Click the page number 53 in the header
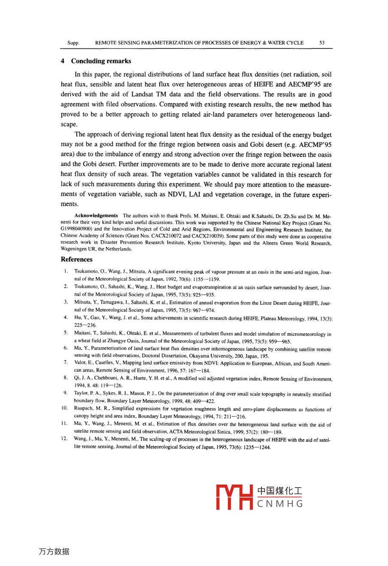click(x=322, y=43)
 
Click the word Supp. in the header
click(x=73, y=43)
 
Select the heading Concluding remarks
click(x=101, y=61)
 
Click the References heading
click(x=76, y=259)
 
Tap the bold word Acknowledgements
click(x=96, y=215)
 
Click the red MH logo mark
click(x=234, y=497)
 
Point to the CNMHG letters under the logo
click(x=280, y=503)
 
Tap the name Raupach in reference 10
click(x=83, y=410)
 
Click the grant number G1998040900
click(x=76, y=229)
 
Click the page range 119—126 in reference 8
click(x=110, y=385)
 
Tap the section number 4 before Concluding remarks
click(x=63, y=61)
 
